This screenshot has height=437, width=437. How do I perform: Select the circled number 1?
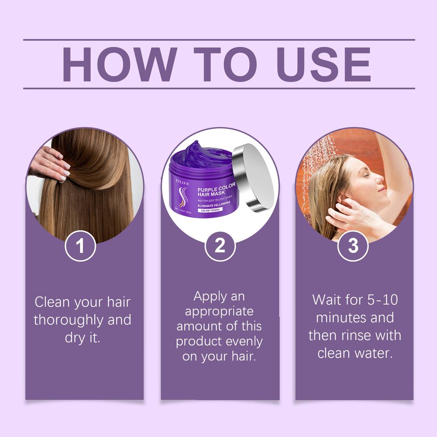[80, 246]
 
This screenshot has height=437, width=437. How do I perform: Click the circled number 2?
[220, 246]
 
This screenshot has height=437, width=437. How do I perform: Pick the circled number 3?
[353, 246]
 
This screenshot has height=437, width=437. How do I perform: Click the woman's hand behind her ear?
[344, 213]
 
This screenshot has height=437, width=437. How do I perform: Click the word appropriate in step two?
[219, 311]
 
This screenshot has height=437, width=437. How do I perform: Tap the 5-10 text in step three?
[382, 300]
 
